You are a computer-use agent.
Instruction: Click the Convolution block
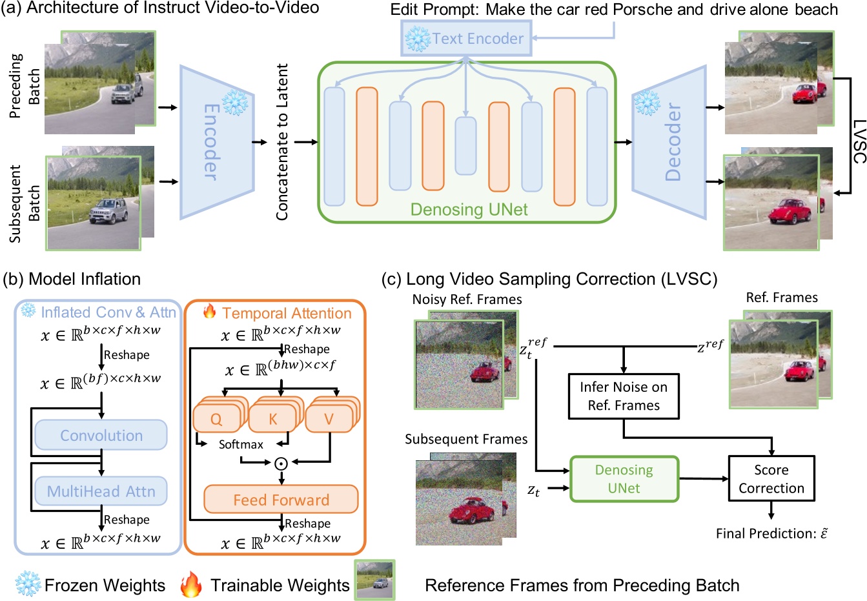pos(101,436)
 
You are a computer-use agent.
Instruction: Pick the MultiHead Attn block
pos(101,491)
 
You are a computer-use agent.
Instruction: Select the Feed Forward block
pos(281,500)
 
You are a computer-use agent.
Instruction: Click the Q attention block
pos(216,419)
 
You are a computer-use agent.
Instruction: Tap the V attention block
pos(328,419)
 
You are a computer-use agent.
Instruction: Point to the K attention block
pos(272,419)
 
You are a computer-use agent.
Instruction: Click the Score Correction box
pos(771,479)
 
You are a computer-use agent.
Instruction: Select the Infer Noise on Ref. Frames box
pos(624,396)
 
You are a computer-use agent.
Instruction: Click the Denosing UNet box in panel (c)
pos(624,479)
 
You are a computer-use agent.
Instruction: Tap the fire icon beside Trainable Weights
pos(192,584)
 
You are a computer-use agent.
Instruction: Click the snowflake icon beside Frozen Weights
pos(28,584)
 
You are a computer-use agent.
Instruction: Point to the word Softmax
pos(241,445)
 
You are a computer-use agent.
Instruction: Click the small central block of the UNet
pos(465,146)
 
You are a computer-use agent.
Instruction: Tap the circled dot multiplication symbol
pos(281,462)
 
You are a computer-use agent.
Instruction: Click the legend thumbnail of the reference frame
pos(375,580)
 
